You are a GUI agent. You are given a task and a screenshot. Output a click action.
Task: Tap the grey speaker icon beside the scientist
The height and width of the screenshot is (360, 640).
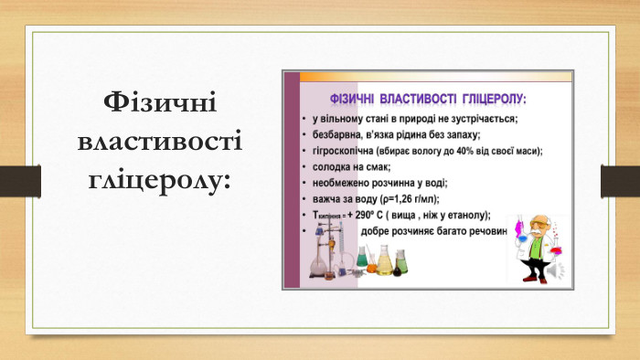[x=558, y=271]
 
